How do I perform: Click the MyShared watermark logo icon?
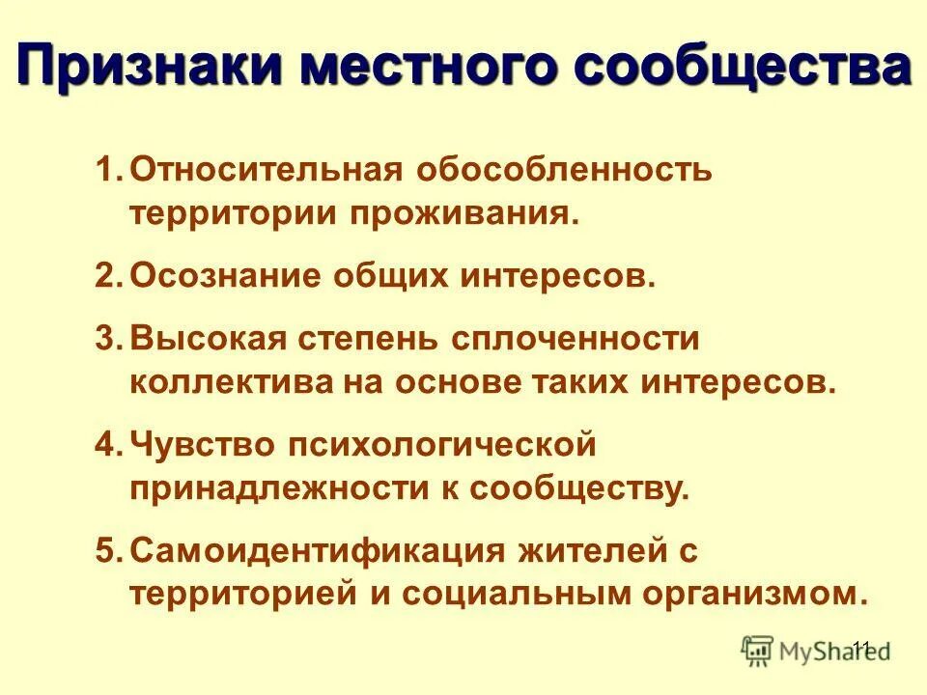[x=758, y=652]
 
